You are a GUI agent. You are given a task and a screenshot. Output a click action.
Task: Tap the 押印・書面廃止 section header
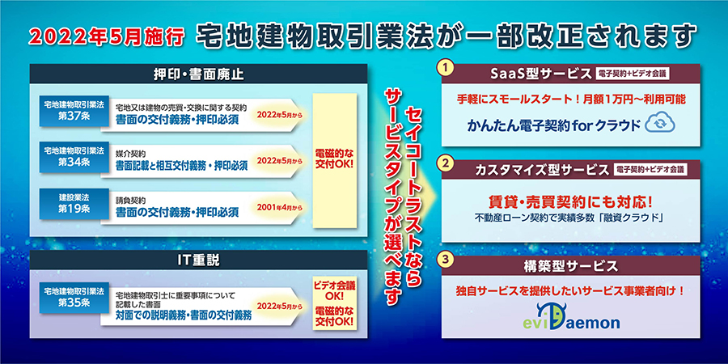pos(198,74)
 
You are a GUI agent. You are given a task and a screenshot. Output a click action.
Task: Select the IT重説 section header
pos(198,260)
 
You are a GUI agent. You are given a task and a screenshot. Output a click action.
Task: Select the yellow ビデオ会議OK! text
pos(334,291)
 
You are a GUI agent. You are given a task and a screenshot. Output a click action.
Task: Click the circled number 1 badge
pos(446,68)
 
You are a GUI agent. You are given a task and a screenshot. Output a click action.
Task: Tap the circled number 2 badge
pos(446,163)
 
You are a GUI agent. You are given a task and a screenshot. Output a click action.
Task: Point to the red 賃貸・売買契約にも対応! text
pos(570,202)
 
